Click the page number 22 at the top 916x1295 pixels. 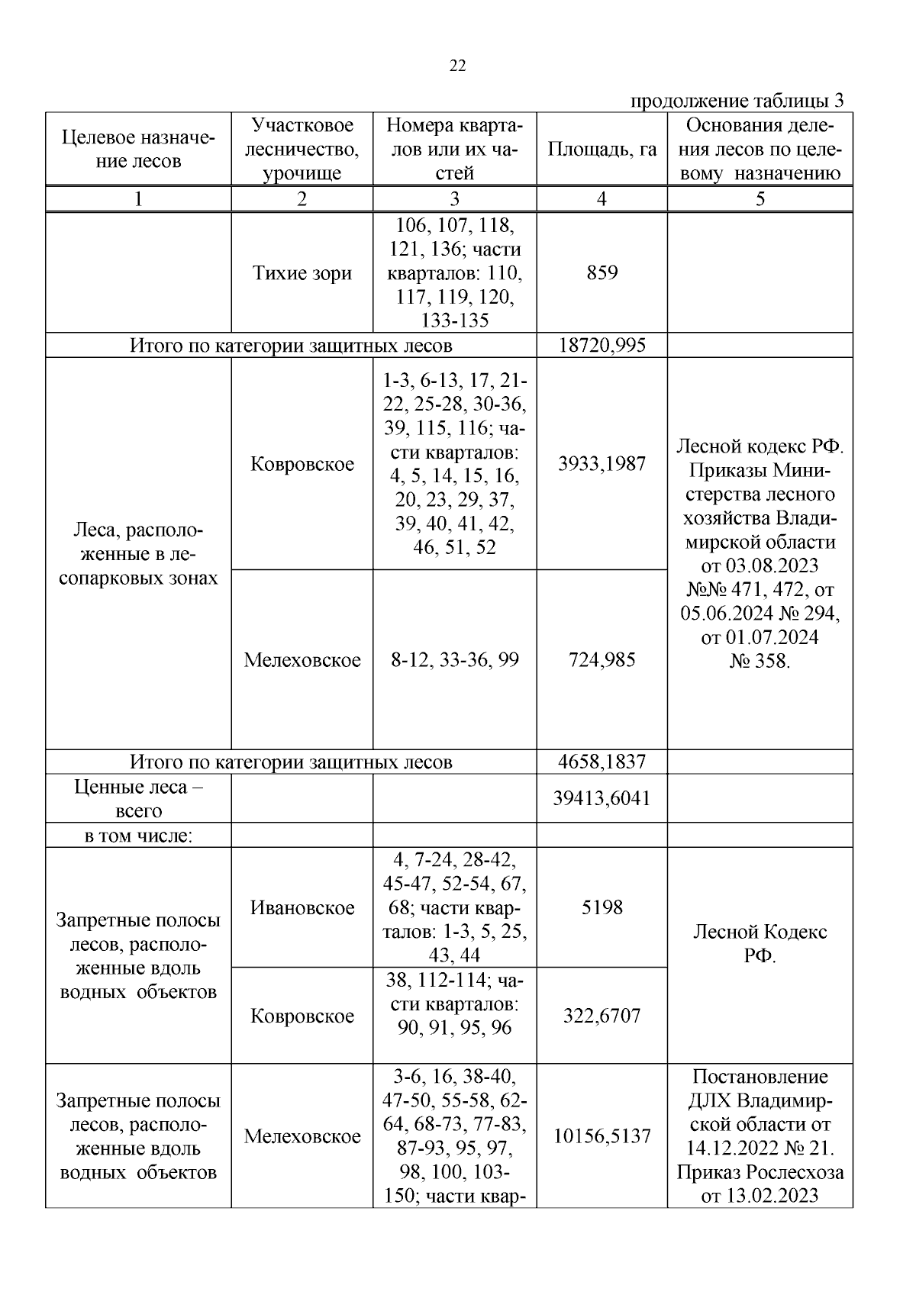point(457,66)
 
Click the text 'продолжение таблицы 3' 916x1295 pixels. point(737,101)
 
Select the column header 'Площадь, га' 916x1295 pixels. point(602,150)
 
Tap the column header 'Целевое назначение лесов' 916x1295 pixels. point(138,150)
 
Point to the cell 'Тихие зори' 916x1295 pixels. point(302,273)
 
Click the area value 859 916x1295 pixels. point(602,273)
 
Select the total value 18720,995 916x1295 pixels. point(602,346)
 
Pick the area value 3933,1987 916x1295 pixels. point(602,464)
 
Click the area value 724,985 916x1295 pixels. point(602,660)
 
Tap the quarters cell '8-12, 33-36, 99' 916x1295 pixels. point(454,660)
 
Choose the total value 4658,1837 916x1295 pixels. point(602,762)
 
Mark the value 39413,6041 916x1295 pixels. point(602,798)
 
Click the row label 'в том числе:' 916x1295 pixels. point(138,836)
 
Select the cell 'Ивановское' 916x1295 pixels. point(302,907)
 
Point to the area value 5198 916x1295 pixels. point(602,907)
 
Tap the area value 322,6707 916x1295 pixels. point(602,1016)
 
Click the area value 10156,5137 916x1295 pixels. point(602,1136)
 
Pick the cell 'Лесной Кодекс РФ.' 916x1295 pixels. point(760,943)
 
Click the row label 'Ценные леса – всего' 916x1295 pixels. point(138,798)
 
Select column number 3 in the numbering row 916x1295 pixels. point(454,199)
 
